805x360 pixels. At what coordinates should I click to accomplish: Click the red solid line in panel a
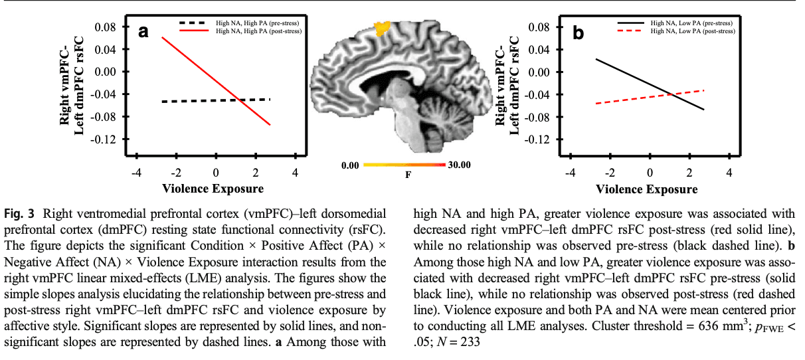pyautogui.click(x=216, y=81)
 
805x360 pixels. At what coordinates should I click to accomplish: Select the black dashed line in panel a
pyautogui.click(x=216, y=100)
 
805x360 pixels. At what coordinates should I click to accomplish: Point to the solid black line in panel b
pyautogui.click(x=650, y=84)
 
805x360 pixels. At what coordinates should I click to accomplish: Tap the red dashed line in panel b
pyautogui.click(x=650, y=97)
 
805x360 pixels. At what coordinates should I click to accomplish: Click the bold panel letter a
pyautogui.click(x=143, y=32)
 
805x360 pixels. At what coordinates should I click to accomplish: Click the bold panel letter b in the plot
pyautogui.click(x=578, y=33)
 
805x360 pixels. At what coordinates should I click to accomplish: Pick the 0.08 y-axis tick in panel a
pyautogui.click(x=106, y=27)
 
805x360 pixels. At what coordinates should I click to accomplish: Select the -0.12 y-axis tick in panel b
pyautogui.click(x=537, y=139)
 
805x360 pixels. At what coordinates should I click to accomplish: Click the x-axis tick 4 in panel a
pyautogui.click(x=295, y=173)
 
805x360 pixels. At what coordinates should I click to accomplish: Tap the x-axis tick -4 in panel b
pyautogui.click(x=571, y=173)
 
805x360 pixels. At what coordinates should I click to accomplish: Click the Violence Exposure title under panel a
pyautogui.click(x=213, y=189)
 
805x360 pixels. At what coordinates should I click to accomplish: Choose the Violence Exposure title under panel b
pyautogui.click(x=646, y=189)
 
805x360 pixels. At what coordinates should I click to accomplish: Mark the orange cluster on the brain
pyautogui.click(x=382, y=29)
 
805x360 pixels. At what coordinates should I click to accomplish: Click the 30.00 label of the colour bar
pyautogui.click(x=459, y=165)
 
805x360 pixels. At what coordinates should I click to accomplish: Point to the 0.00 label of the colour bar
pyautogui.click(x=350, y=165)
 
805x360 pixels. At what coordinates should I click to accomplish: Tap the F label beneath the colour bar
pyautogui.click(x=408, y=175)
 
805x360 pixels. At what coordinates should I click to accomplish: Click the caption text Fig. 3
pyautogui.click(x=19, y=214)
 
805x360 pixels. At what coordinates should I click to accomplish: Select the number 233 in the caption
pyautogui.click(x=470, y=342)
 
